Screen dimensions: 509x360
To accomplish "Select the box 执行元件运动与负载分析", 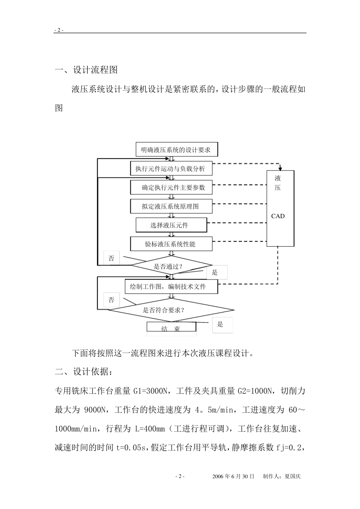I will click(x=171, y=169).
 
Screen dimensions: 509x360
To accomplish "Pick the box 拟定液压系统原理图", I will click(x=171, y=206).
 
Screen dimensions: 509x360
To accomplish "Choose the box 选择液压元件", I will click(x=171, y=225).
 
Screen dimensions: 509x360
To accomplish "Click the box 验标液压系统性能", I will click(x=171, y=244).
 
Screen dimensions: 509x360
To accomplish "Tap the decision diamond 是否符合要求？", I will click(x=171, y=310).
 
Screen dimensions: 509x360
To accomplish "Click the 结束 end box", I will click(x=171, y=328).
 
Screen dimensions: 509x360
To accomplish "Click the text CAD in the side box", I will click(x=278, y=216).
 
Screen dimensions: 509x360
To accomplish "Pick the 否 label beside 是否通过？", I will click(x=111, y=258).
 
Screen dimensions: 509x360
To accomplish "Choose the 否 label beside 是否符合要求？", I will click(x=111, y=300).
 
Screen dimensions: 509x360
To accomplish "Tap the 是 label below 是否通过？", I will click(x=216, y=272).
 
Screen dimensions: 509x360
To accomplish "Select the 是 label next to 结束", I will click(x=220, y=325).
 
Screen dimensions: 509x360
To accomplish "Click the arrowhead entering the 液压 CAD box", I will click(x=280, y=168).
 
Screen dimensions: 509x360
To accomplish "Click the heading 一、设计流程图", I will click(x=86, y=70).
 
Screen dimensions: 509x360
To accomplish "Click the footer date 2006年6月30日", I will click(x=233, y=476).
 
